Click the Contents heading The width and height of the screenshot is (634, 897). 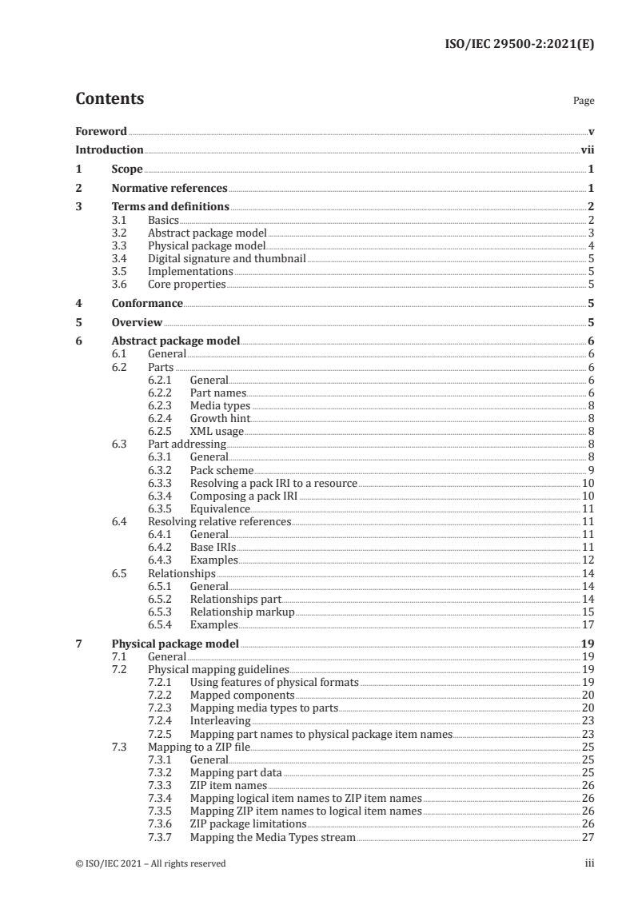[110, 99]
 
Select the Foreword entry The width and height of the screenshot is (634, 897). [101, 131]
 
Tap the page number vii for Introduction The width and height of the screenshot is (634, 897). [587, 149]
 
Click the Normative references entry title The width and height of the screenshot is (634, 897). [169, 189]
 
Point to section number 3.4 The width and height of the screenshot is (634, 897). [120, 258]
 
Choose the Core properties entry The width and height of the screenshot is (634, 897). [186, 284]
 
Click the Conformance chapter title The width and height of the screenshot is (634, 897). [147, 303]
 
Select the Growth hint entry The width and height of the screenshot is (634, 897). [220, 418]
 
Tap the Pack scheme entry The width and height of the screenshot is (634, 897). [221, 470]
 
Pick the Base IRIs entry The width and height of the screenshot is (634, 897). [213, 547]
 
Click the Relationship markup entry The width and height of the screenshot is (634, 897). [242, 612]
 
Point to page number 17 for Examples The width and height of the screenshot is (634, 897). [587, 624]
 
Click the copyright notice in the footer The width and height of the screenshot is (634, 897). [150, 863]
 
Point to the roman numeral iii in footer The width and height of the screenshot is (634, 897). [589, 863]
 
